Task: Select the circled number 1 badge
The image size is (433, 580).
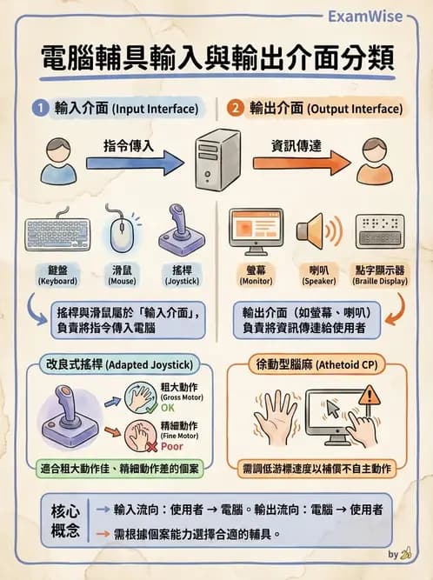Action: tap(39, 110)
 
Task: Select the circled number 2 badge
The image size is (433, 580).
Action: tap(236, 110)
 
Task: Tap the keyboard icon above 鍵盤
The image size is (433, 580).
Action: tap(57, 234)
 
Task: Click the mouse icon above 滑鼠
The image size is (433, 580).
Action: tap(121, 230)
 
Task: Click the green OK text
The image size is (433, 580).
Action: tap(166, 406)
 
